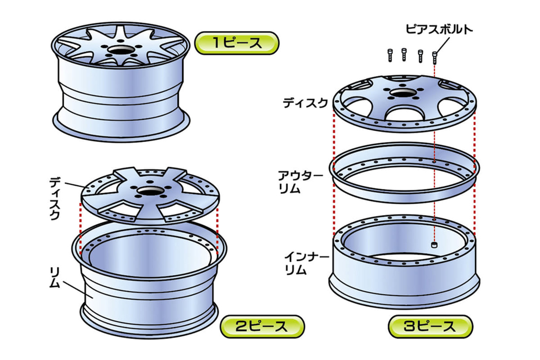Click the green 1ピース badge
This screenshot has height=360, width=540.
click(237, 43)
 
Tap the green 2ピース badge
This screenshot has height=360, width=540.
click(262, 327)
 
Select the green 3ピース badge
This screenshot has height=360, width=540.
click(430, 327)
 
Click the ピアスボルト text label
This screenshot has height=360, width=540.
click(439, 29)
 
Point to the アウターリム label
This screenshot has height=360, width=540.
click(300, 182)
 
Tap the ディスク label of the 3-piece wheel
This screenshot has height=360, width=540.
click(305, 103)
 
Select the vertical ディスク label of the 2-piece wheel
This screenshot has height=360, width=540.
click(55, 198)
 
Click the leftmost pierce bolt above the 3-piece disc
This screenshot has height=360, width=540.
click(390, 55)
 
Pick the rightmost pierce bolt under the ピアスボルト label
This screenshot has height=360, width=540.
click(435, 57)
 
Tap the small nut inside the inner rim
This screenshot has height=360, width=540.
click(434, 245)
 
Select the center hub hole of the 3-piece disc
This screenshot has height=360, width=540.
click(403, 93)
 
